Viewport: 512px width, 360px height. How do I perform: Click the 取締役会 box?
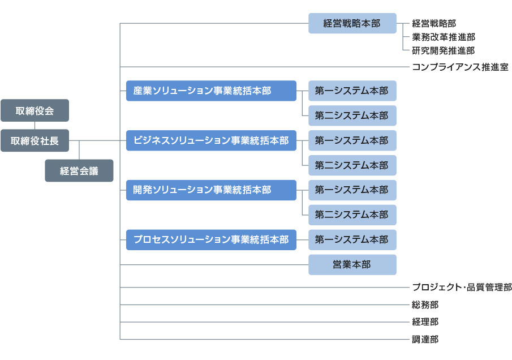point(35,110)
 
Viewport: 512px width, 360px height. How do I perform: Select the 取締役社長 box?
point(35,140)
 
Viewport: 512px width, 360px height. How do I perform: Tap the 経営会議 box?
point(79,170)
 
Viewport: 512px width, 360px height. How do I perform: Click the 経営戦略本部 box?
point(352,23)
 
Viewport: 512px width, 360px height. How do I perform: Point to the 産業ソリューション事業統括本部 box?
point(211,91)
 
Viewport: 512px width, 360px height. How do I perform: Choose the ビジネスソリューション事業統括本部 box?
point(211,140)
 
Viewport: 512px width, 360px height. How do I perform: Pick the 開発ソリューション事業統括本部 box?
point(211,190)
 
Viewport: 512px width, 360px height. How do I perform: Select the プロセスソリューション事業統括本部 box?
point(211,240)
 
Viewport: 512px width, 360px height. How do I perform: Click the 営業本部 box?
point(352,264)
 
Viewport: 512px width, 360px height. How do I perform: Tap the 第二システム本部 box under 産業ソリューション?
point(352,115)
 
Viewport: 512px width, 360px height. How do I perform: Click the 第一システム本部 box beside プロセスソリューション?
point(352,240)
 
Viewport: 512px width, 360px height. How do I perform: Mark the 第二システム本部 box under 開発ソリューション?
point(352,215)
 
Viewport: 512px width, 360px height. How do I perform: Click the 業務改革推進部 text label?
point(444,37)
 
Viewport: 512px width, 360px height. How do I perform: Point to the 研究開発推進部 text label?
point(444,50)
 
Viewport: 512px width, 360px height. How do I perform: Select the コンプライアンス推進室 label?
point(460,67)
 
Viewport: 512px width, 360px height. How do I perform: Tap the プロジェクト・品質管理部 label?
point(462,287)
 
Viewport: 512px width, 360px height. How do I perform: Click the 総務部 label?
point(425,305)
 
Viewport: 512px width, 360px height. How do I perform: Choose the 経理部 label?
point(425,322)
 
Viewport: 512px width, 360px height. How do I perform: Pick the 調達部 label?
point(425,340)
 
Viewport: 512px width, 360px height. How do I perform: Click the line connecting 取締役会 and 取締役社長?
point(35,126)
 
